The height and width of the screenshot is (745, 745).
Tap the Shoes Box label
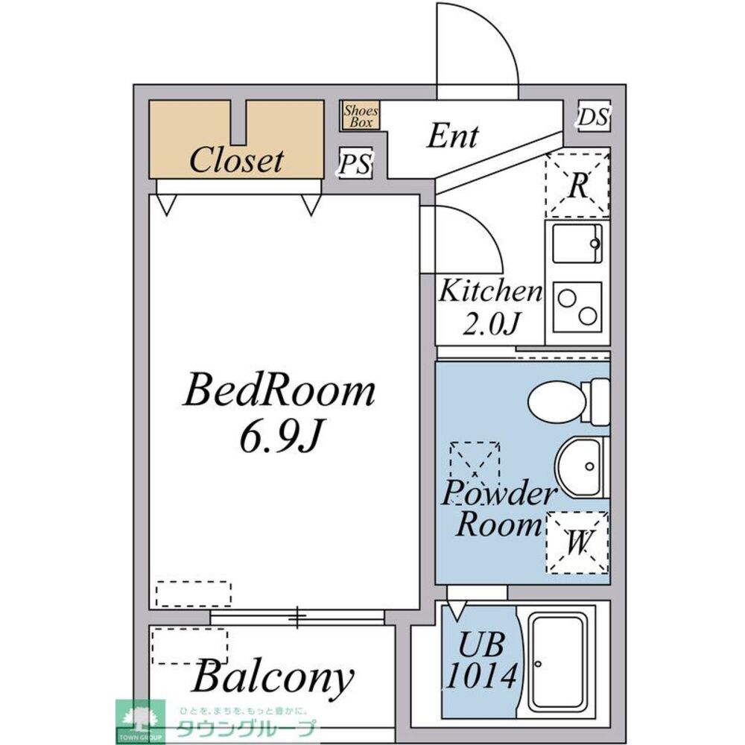pyautogui.click(x=361, y=116)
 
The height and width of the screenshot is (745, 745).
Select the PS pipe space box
pyautogui.click(x=355, y=163)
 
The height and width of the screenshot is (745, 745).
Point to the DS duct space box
pyautogui.click(x=594, y=116)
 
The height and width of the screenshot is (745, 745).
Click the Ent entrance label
pyautogui.click(x=452, y=136)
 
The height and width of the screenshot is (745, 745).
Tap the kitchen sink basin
pyautogui.click(x=577, y=244)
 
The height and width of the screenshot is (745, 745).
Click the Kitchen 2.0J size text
pyautogui.click(x=490, y=307)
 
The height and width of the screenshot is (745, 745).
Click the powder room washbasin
pyautogui.click(x=580, y=468)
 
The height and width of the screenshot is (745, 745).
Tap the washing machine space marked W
pyautogui.click(x=577, y=542)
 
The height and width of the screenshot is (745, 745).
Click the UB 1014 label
pyautogui.click(x=481, y=660)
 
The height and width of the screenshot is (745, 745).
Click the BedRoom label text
pyautogui.click(x=279, y=390)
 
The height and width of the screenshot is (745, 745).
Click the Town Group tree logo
pyautogui.click(x=140, y=721)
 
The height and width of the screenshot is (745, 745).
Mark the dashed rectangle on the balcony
pyautogui.click(x=189, y=646)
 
